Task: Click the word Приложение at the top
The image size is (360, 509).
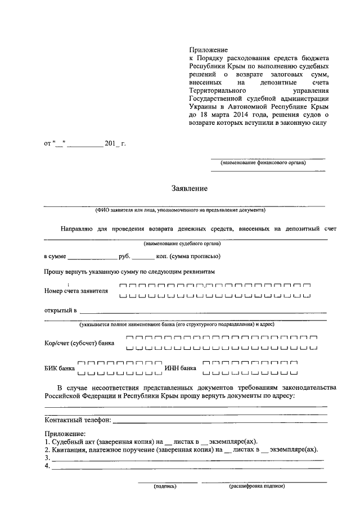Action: pyautogui.click(x=205, y=51)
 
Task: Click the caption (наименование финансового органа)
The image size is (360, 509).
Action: pyautogui.click(x=263, y=163)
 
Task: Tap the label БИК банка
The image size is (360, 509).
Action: pyautogui.click(x=59, y=368)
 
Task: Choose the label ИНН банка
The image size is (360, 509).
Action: pyautogui.click(x=180, y=368)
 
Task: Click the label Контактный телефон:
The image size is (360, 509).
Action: pyautogui.click(x=77, y=420)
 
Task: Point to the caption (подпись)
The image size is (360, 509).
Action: pyautogui.click(x=165, y=487)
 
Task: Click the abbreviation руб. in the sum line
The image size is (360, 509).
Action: pyautogui.click(x=124, y=256)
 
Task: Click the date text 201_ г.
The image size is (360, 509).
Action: pyautogui.click(x=116, y=143)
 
